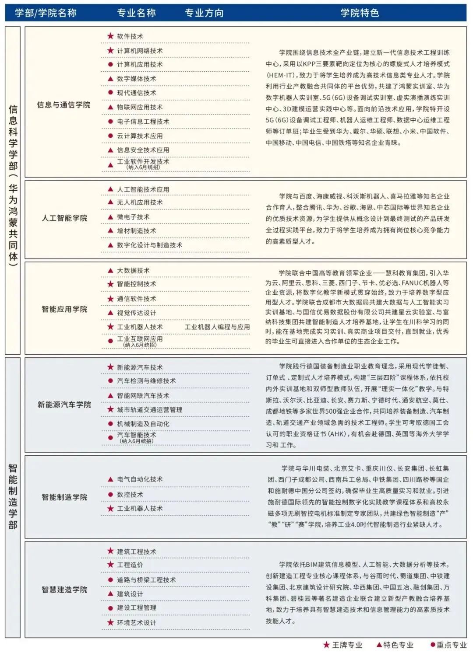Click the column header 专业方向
point(204,13)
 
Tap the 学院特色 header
point(360,13)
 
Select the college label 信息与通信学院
point(64,105)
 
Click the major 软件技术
point(130,37)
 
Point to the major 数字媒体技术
point(136,79)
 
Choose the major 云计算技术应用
point(140,136)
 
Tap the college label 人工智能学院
point(64,218)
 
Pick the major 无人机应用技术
point(140,202)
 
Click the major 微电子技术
point(133,217)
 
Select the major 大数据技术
point(133,271)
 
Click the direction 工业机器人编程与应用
point(217,327)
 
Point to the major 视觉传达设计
point(136,313)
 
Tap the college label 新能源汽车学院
point(64,405)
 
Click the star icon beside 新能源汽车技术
point(110,367)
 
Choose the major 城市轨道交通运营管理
point(149,410)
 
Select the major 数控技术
point(130,495)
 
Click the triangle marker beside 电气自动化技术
point(110,479)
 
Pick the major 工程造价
point(130,565)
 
